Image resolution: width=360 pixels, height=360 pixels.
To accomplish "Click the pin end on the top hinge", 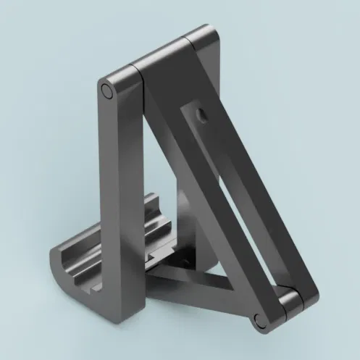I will pyautogui.click(x=107, y=91).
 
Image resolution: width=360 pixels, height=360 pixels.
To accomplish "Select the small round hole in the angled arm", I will pyautogui.click(x=201, y=114).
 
